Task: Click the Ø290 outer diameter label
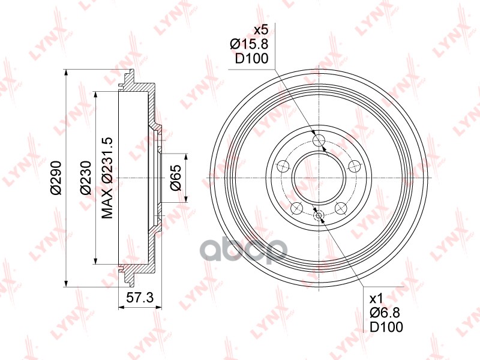(56, 178)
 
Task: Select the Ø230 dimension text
(85, 178)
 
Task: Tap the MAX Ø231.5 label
(107, 178)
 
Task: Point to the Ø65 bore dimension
(176, 178)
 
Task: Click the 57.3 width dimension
(140, 298)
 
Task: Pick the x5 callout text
(261, 30)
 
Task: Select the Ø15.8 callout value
(249, 44)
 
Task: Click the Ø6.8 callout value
(385, 313)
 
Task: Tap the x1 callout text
(376, 299)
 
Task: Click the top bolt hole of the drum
(319, 140)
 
